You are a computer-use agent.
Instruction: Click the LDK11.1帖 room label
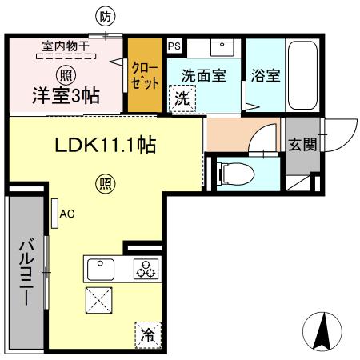coord(104,146)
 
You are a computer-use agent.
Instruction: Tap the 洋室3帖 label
coord(66,95)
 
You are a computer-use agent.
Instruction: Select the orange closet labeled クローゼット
coord(146,77)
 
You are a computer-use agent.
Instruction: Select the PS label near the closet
coord(174,46)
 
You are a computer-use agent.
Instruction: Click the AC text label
coord(67,214)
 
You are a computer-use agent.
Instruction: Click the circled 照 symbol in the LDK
coord(105,183)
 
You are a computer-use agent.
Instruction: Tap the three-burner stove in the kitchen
coord(146,270)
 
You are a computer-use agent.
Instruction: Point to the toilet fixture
coord(237,172)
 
